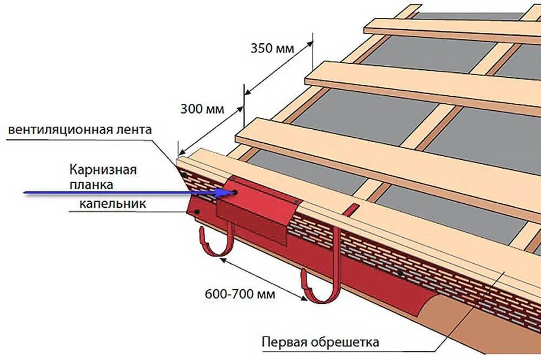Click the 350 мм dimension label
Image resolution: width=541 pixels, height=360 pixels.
click(272, 48)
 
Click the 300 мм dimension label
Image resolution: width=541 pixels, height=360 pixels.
click(202, 109)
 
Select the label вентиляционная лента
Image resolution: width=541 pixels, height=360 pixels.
click(81, 130)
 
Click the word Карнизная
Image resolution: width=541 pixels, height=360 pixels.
click(103, 170)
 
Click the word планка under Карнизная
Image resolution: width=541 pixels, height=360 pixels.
click(91, 184)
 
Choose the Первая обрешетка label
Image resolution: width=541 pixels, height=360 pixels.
click(320, 342)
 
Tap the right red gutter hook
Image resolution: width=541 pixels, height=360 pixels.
click(322, 281)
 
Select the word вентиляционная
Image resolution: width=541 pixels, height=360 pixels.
click(61, 130)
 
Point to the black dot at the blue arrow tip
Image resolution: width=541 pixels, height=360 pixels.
click(235, 191)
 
